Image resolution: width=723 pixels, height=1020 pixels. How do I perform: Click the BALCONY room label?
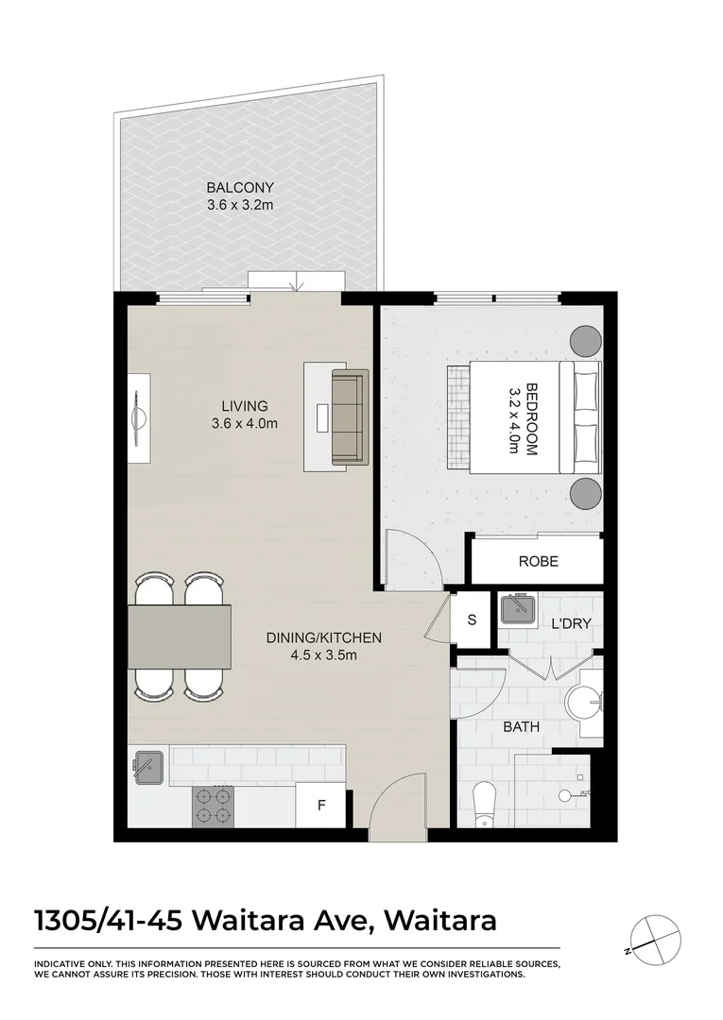240,187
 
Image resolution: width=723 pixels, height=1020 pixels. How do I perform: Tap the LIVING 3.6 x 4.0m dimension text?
245,424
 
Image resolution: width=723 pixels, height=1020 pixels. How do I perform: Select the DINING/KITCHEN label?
323,637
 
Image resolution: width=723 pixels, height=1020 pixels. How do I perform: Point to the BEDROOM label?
530,419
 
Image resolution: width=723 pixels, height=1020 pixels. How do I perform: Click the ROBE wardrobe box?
538,561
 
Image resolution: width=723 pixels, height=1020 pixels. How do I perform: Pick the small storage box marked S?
472,620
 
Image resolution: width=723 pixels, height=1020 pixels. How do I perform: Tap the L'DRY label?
571,625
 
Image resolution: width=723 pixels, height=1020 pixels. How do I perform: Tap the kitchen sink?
149,766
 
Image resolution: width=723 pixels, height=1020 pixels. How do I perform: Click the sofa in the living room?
348,417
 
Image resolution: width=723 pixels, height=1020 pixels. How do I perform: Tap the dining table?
180,636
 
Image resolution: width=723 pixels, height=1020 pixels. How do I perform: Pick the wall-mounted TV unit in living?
139,416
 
